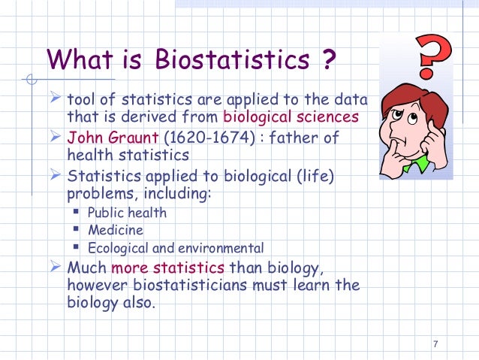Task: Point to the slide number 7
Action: (x=435, y=344)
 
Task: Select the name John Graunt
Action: (x=109, y=138)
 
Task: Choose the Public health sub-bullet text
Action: (x=128, y=213)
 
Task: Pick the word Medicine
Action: (x=116, y=231)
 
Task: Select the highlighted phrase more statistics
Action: (x=167, y=268)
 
